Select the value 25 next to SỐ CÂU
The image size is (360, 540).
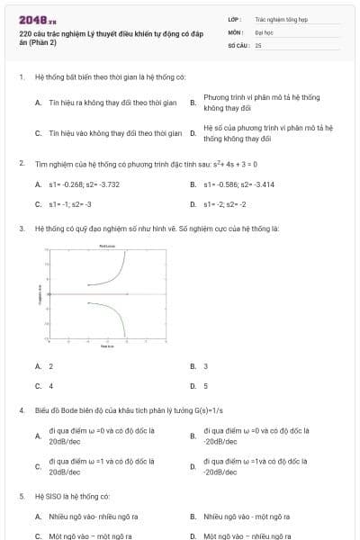point(258,44)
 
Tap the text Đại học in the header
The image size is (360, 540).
point(264,31)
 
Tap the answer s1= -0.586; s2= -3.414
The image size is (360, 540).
point(239,184)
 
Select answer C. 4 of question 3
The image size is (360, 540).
point(50,386)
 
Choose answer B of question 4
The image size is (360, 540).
point(256,436)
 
